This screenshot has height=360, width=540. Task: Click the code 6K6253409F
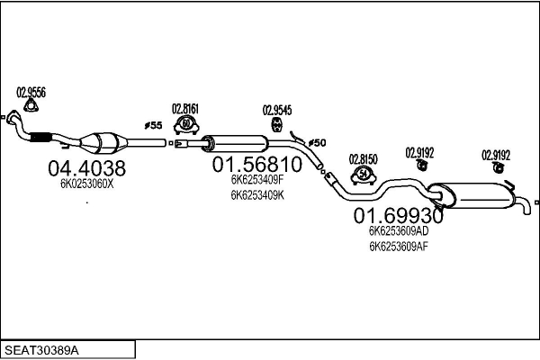click(x=257, y=180)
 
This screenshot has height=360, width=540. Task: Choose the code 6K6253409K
click(x=257, y=193)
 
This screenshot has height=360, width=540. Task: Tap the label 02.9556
click(x=31, y=91)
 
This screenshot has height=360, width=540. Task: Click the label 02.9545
click(x=277, y=111)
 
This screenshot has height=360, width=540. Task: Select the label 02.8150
click(x=364, y=158)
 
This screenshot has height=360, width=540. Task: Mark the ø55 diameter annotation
click(x=152, y=126)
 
